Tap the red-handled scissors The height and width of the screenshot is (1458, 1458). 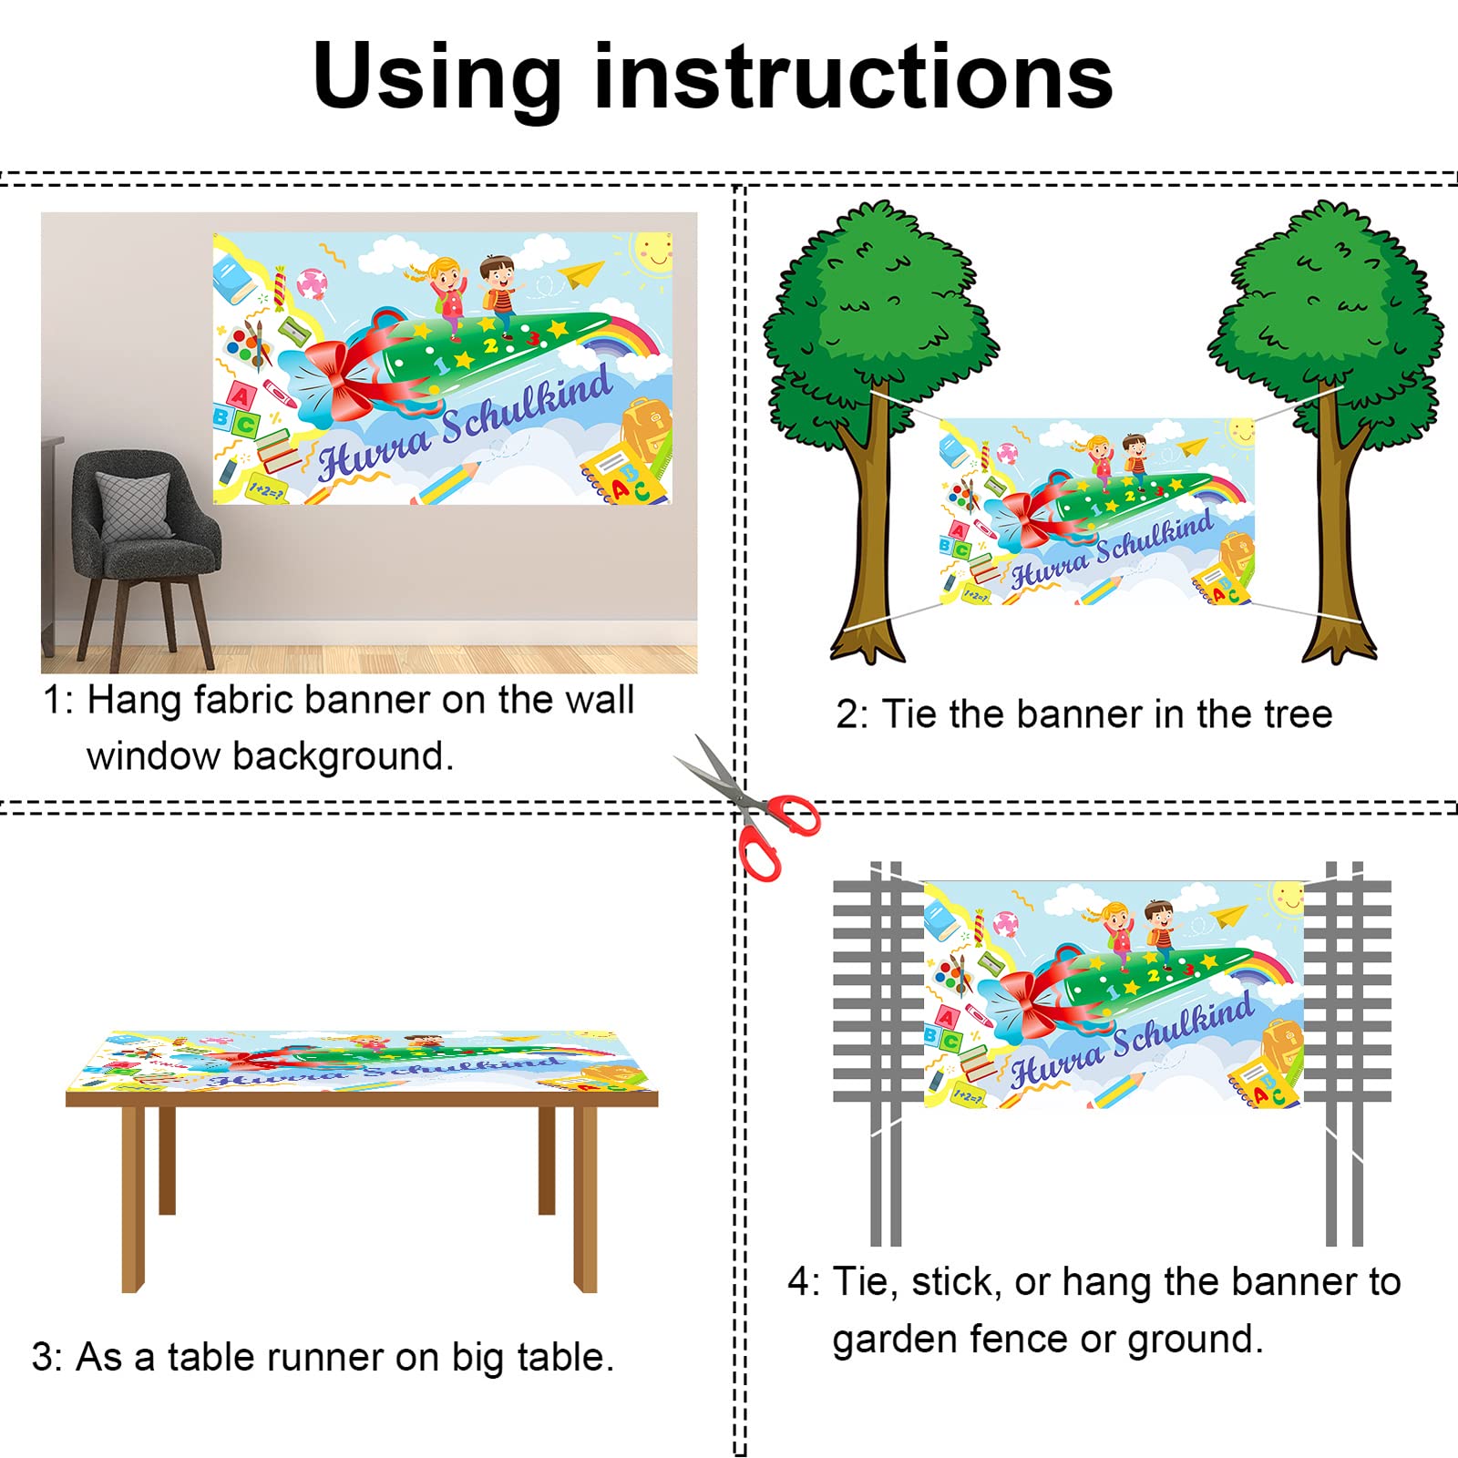pos(747,807)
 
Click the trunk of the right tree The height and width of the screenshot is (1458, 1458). pos(1338,529)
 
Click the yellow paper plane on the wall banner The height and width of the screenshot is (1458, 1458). pos(581,272)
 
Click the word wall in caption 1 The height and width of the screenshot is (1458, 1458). pos(600,700)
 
